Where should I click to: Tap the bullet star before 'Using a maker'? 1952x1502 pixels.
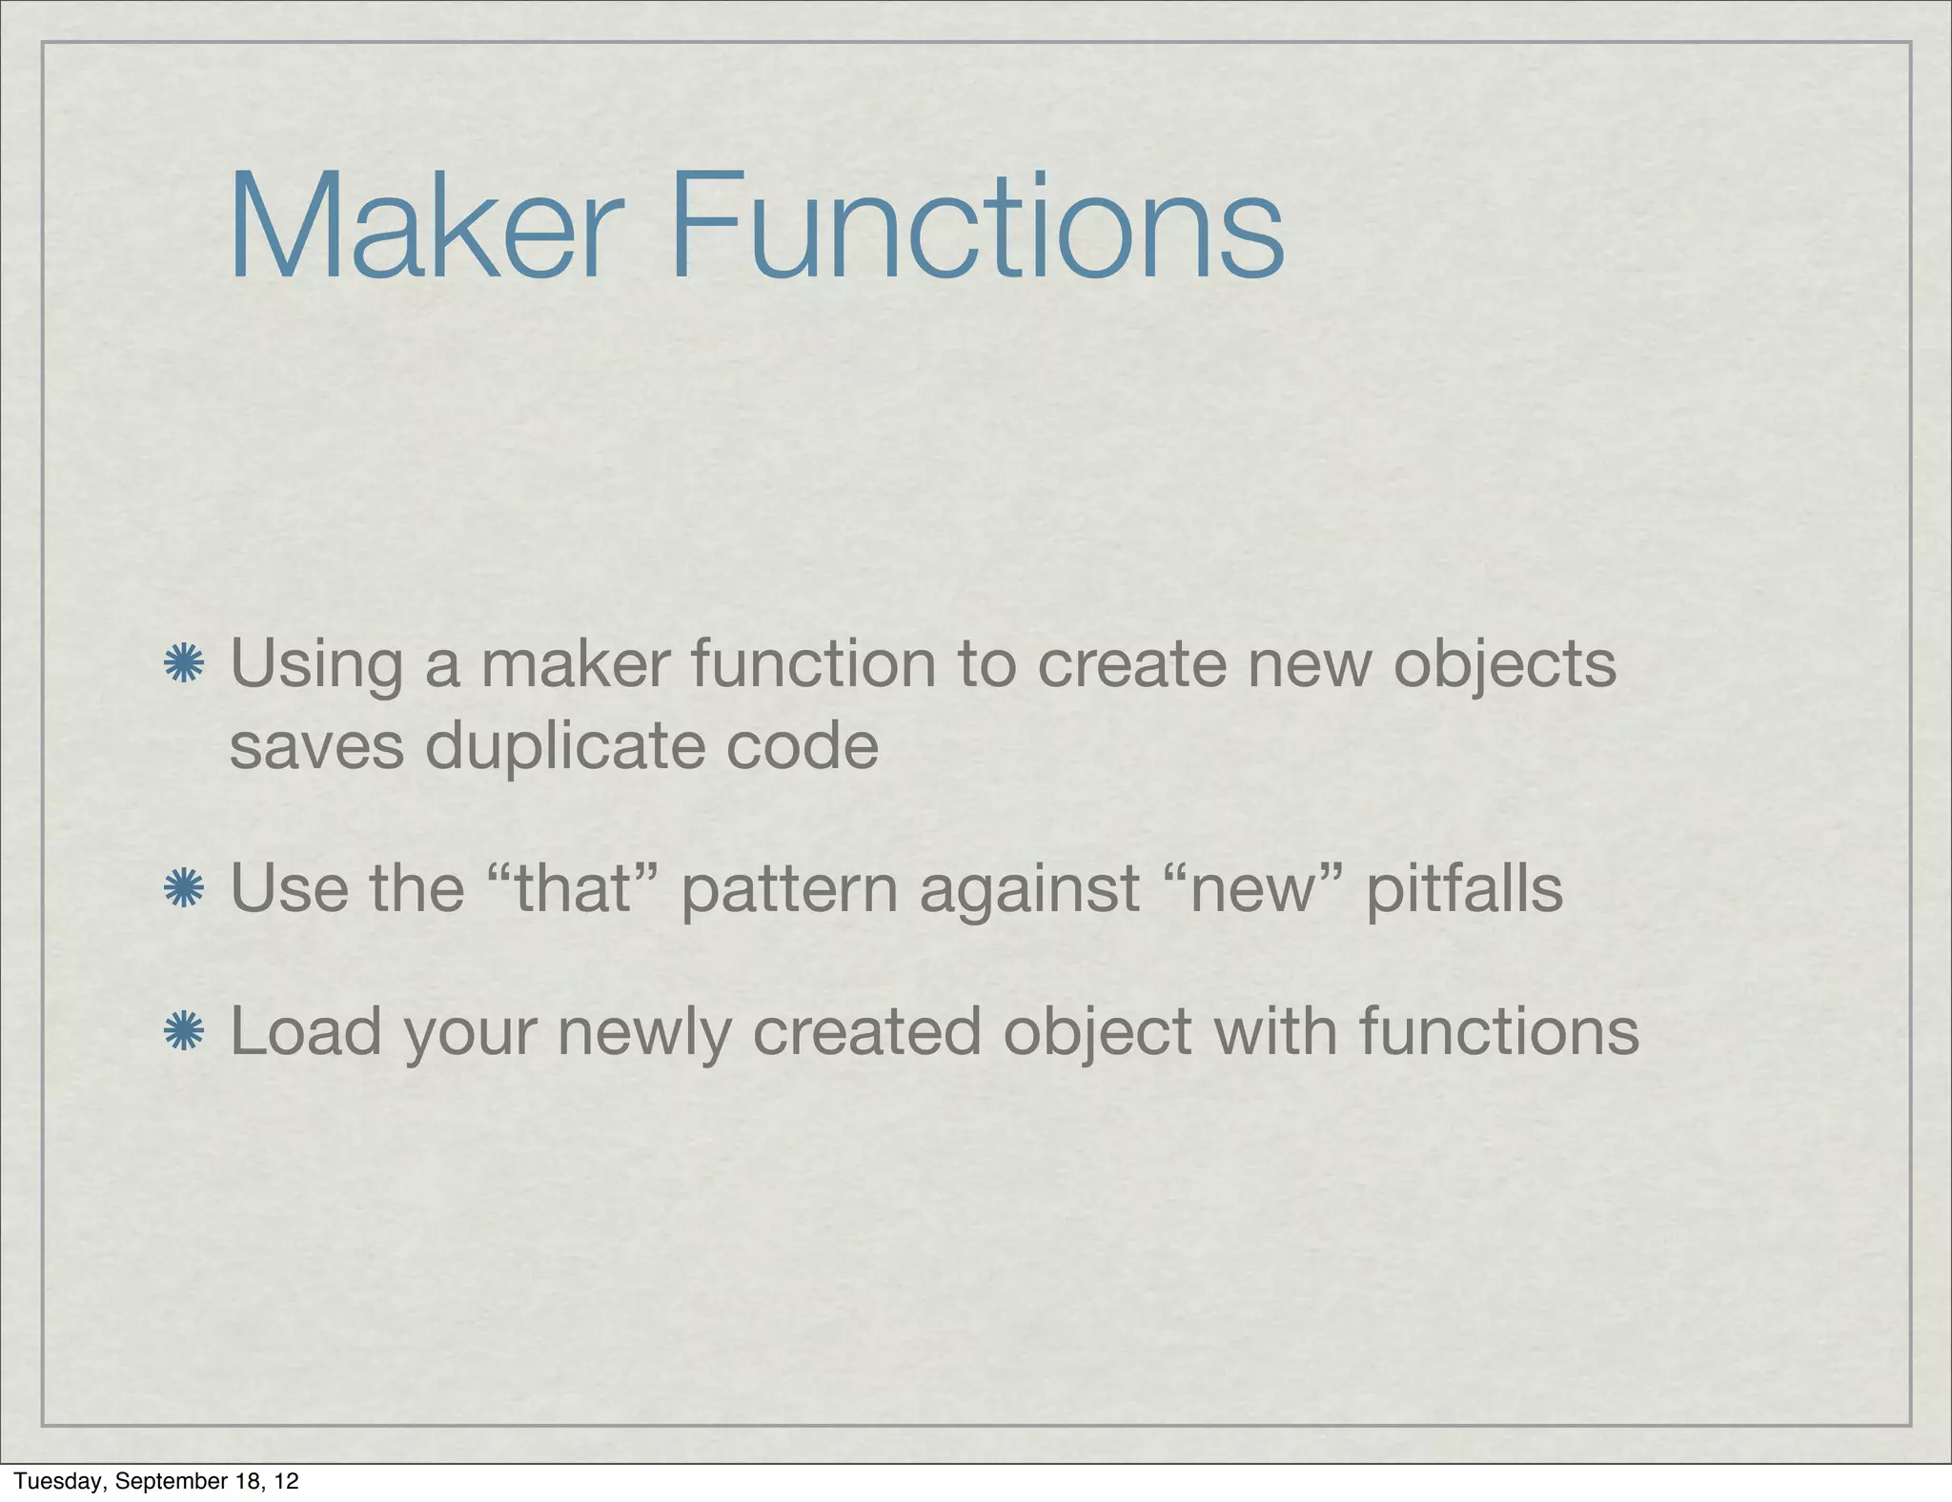[183, 664]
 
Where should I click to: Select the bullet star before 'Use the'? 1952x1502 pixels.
[183, 889]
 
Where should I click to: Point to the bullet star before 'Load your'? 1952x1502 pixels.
[183, 1031]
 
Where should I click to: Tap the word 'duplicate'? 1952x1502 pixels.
[562, 745]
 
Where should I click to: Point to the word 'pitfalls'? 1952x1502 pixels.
[1464, 890]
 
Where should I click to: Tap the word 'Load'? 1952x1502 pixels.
[306, 1031]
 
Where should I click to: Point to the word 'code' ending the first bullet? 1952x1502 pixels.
[802, 745]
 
